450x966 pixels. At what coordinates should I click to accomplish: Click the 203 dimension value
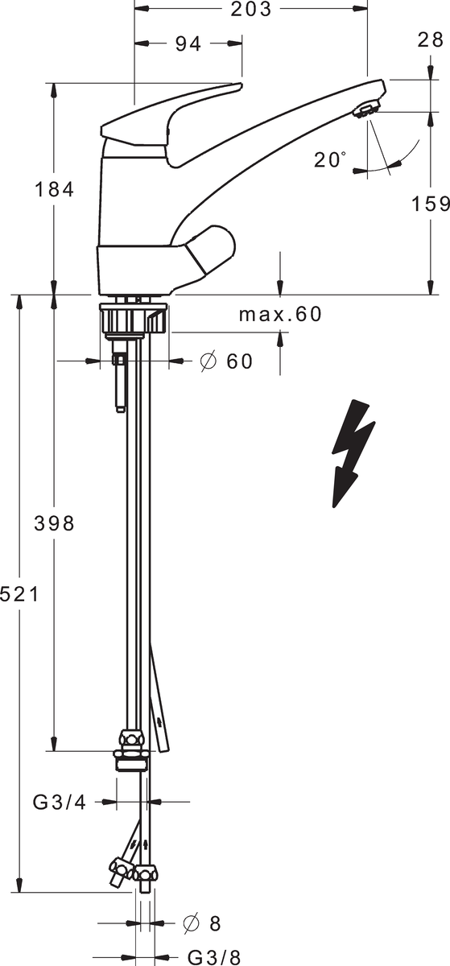click(x=250, y=9)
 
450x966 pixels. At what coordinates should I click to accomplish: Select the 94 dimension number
click(x=188, y=43)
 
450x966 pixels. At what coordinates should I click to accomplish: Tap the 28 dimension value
click(x=431, y=39)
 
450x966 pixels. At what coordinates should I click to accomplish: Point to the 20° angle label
click(x=330, y=159)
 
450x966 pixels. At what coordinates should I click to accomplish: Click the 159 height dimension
click(x=430, y=204)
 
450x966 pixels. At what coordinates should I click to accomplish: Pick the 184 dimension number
click(x=55, y=190)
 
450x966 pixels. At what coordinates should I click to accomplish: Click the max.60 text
click(x=280, y=315)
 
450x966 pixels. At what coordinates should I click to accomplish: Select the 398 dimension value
click(x=55, y=523)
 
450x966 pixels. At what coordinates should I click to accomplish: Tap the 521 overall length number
click(x=19, y=595)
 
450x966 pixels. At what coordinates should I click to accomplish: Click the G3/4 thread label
click(x=60, y=802)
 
